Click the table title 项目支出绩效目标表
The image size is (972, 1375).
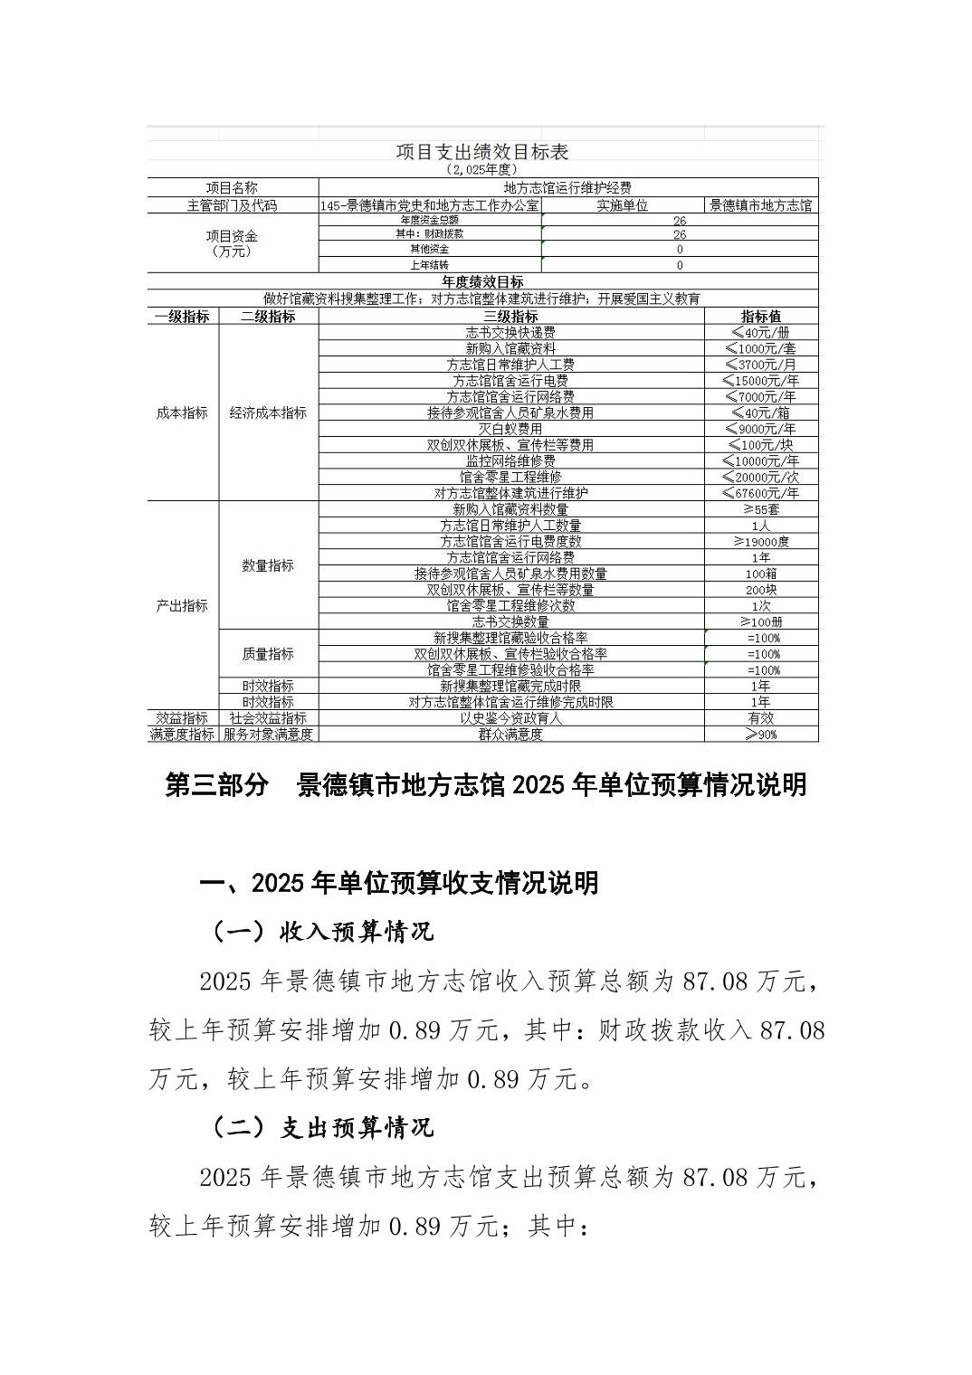(482, 152)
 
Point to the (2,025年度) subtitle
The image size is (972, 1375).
(482, 169)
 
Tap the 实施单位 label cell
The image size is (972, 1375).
(622, 205)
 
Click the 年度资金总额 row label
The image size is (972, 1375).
(429, 220)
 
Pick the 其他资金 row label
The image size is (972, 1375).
(429, 249)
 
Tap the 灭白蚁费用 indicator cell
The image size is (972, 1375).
(510, 429)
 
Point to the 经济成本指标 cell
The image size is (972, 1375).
(268, 412)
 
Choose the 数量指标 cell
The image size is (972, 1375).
(268, 565)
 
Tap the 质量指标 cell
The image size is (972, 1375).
(268, 654)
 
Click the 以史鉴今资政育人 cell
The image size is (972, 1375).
(510, 718)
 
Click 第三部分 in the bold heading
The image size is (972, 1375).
(216, 785)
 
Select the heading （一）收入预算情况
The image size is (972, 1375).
(322, 931)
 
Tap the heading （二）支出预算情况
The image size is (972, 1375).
(322, 1127)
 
